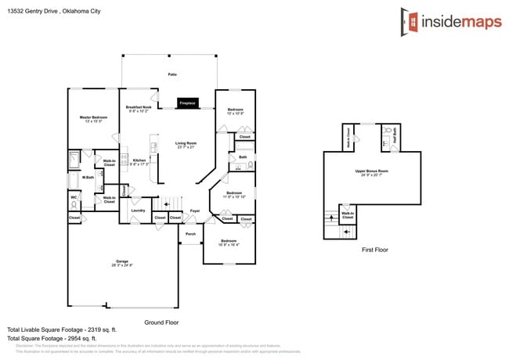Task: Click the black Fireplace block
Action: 187,103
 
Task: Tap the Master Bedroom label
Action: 93,117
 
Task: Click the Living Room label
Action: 186,143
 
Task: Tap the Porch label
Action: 190,234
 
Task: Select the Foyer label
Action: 195,211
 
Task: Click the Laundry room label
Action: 138,210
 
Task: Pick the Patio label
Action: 172,74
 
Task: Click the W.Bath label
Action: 88,177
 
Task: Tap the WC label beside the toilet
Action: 74,197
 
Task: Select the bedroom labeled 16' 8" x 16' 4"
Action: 229,241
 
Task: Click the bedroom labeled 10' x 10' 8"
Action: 236,110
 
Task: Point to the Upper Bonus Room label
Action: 372,171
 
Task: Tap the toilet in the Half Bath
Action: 387,129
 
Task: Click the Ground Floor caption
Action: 162,322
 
